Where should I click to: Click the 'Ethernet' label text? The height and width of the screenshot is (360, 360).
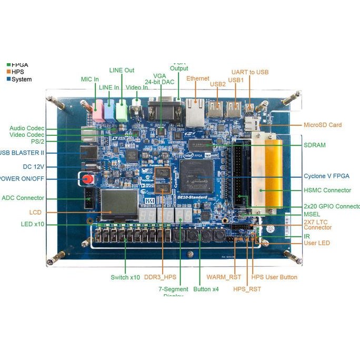(x=198, y=78)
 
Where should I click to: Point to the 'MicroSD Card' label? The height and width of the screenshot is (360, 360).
(x=323, y=125)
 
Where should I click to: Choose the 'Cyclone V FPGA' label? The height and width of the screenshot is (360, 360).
(x=326, y=176)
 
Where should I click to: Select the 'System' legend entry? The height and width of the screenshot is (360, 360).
(x=22, y=79)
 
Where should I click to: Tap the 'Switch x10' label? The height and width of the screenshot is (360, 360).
(x=125, y=277)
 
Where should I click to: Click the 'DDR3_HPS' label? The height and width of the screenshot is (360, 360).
(x=160, y=277)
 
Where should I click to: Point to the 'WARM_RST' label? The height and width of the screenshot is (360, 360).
(x=223, y=277)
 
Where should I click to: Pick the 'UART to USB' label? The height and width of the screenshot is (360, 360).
(x=250, y=72)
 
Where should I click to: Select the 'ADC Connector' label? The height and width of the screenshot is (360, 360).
(x=23, y=198)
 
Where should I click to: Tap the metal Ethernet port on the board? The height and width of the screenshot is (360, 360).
(x=195, y=109)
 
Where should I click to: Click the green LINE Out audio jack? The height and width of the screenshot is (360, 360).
(x=123, y=111)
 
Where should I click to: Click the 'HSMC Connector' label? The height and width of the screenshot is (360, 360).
(x=327, y=191)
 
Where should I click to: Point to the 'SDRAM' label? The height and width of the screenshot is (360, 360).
(x=315, y=145)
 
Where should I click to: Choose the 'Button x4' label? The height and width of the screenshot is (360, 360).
(x=206, y=289)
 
